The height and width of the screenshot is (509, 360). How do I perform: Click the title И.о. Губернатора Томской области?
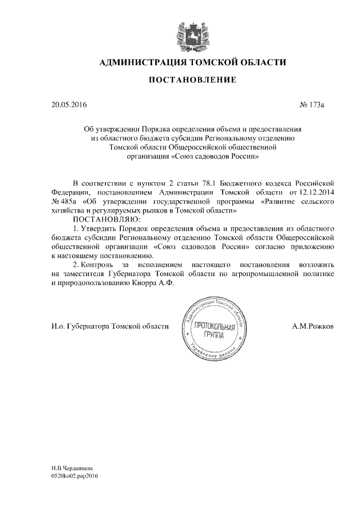pos(106,326)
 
